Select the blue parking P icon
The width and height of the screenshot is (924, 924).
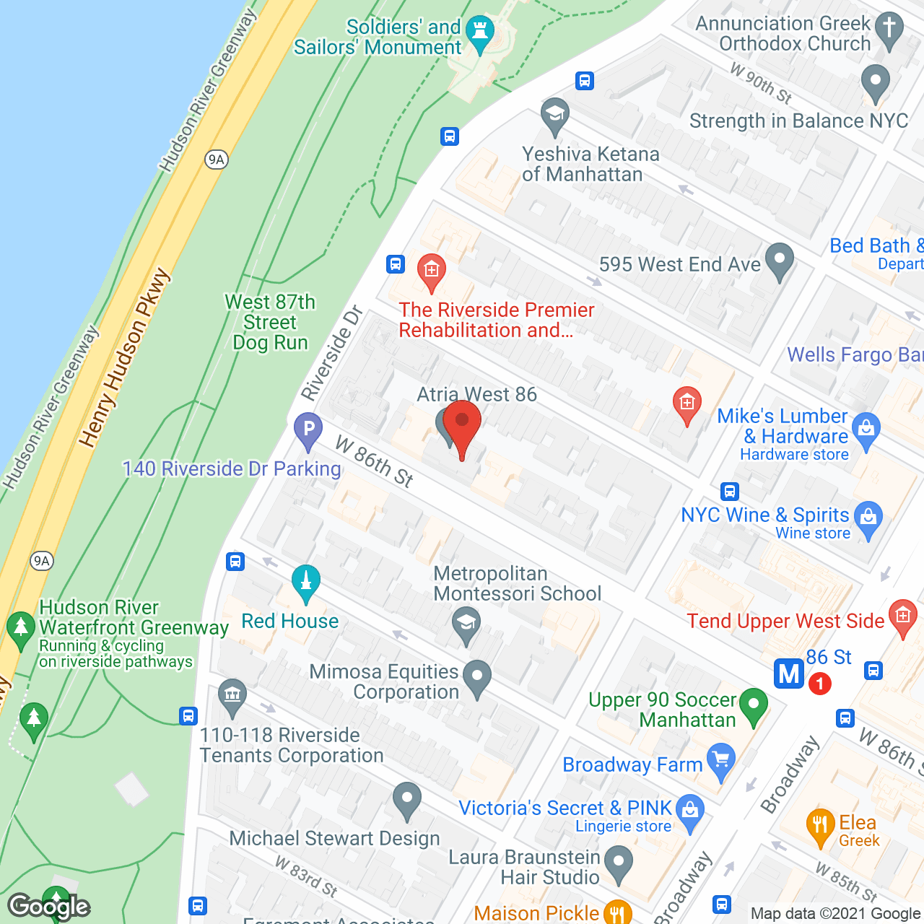point(308,430)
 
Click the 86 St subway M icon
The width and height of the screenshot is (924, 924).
point(789,674)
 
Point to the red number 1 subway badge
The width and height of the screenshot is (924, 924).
point(819,683)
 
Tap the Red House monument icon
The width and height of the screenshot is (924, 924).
point(306,582)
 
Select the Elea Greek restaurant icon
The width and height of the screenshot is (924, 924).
point(820,826)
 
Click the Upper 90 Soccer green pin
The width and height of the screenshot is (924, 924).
point(754,705)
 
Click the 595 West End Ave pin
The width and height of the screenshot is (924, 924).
point(780,261)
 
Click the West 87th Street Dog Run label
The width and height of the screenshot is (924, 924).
point(270,322)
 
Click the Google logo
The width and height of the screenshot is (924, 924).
point(49,905)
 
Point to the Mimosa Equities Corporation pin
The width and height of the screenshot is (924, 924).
point(476,678)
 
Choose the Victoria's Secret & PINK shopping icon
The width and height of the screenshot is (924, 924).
point(690,811)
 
